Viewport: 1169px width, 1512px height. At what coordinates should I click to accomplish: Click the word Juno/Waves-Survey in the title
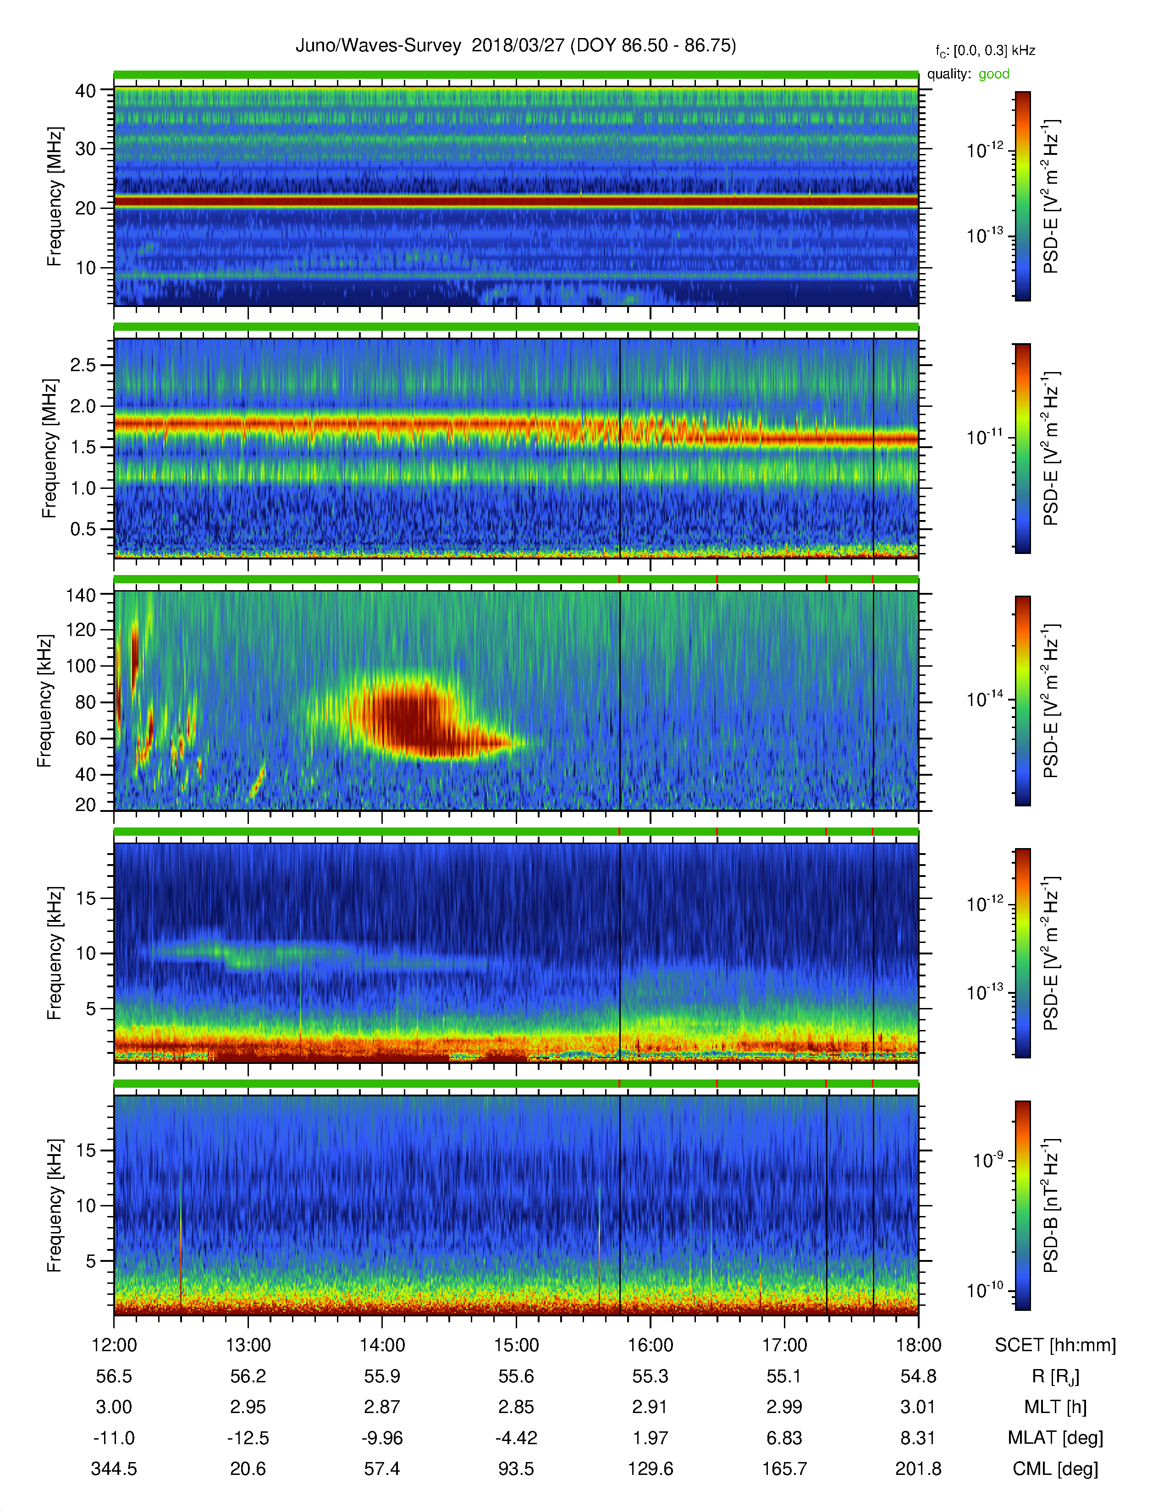click(x=378, y=46)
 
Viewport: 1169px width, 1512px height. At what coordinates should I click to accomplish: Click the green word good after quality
click(x=994, y=74)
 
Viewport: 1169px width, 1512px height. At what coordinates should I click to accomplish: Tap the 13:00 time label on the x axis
click(x=248, y=1345)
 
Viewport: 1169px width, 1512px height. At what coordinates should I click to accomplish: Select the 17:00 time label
click(x=784, y=1345)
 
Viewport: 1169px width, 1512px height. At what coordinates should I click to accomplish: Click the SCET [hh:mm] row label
click(x=1055, y=1345)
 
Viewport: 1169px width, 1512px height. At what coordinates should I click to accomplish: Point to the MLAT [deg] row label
click(x=1055, y=1438)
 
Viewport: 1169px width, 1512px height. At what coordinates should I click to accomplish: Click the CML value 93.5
click(x=516, y=1468)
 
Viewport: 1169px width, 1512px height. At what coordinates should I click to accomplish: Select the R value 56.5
click(x=114, y=1376)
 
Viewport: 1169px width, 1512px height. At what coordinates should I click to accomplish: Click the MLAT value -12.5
click(x=248, y=1438)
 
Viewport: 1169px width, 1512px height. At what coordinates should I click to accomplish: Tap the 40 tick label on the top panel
click(x=85, y=91)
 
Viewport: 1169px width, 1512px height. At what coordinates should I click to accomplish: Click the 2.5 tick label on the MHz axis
click(x=83, y=365)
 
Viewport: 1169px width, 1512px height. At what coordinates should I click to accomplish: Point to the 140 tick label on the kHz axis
click(x=80, y=595)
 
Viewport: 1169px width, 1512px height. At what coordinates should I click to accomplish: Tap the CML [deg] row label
click(x=1055, y=1468)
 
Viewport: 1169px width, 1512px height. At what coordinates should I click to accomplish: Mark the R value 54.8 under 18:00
click(x=918, y=1376)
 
